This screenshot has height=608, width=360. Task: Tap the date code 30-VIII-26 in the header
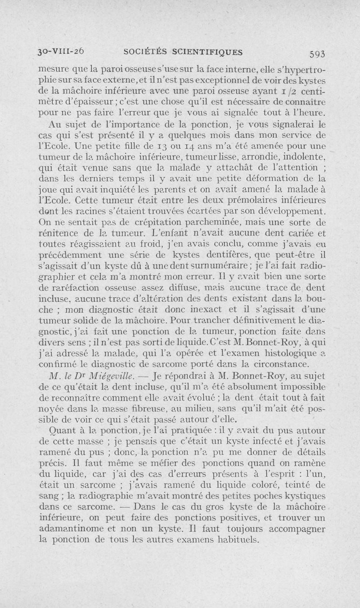tap(64, 51)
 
